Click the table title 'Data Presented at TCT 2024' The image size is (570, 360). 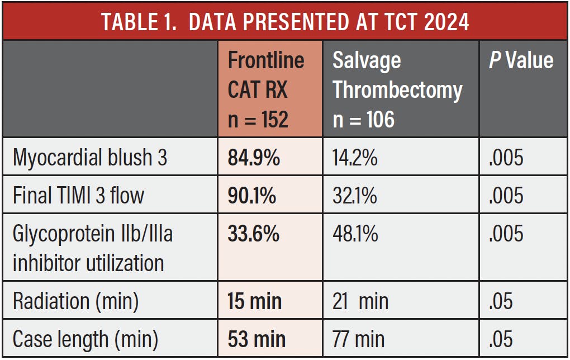tap(285, 22)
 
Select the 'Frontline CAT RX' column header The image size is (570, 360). tap(266, 89)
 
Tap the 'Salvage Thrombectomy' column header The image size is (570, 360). tap(397, 89)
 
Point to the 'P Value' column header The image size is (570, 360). tap(521, 60)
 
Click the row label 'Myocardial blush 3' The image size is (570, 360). tap(90, 158)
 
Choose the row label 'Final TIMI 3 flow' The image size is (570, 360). tap(79, 195)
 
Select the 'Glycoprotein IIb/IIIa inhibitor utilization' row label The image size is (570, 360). tap(93, 248)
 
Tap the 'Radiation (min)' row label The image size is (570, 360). tap(75, 301)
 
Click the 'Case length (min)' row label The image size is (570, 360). tap(85, 340)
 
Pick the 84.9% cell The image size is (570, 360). tap(254, 158)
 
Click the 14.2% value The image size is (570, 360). tap(355, 158)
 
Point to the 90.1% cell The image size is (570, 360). tap(252, 195)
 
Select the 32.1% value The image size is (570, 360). tap(355, 195)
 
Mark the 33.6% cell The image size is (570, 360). tap(254, 234)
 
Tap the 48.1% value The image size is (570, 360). tap(355, 234)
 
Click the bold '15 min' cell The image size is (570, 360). tap(254, 301)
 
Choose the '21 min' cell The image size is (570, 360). tap(360, 301)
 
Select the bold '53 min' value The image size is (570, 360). tap(256, 339)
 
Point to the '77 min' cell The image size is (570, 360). tap(358, 339)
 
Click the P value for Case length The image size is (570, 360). tap(501, 339)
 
